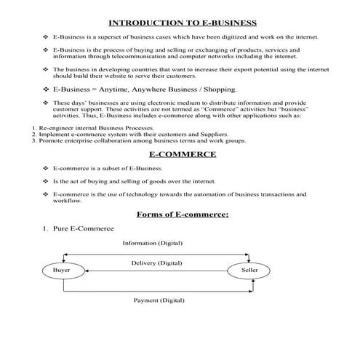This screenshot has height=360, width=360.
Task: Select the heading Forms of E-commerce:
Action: click(x=183, y=214)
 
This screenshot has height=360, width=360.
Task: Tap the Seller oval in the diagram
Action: click(x=249, y=271)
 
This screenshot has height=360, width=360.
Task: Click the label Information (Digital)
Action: click(x=152, y=243)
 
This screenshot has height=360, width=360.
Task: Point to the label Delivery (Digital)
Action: click(x=156, y=262)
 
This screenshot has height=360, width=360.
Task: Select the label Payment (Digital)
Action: click(x=159, y=300)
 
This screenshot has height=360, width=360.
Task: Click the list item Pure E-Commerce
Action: click(x=83, y=228)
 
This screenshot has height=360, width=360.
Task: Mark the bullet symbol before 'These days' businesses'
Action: click(x=46, y=103)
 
